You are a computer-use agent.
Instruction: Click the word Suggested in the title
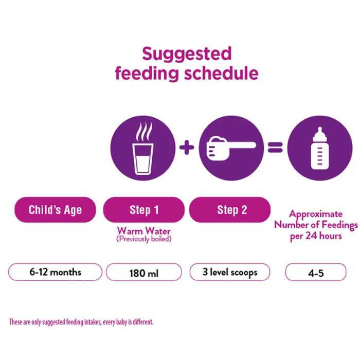[x=187, y=55]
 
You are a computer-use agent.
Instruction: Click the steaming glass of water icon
[x=143, y=148]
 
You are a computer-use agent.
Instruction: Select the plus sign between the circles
[x=186, y=148]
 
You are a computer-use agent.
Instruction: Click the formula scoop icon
[x=231, y=148]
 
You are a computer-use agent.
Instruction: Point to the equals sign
[x=275, y=148]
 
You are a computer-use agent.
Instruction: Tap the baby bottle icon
[x=320, y=148]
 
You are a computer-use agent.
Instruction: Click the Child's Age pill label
[x=55, y=210]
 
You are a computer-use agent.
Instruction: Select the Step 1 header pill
[x=143, y=210]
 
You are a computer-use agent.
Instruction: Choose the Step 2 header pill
[x=230, y=210]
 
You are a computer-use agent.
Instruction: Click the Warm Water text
[x=143, y=230]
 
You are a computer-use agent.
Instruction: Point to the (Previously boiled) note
[x=144, y=239]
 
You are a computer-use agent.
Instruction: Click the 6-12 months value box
[x=55, y=272]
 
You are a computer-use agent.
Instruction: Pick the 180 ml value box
[x=144, y=272]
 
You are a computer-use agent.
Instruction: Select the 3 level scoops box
[x=230, y=272]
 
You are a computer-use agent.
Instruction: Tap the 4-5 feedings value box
[x=316, y=272]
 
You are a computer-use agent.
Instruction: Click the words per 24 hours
[x=316, y=236]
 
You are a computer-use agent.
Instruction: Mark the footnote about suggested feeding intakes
[x=81, y=322]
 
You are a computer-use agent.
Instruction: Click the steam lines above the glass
[x=144, y=131]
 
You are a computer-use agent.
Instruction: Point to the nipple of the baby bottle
[x=320, y=131]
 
